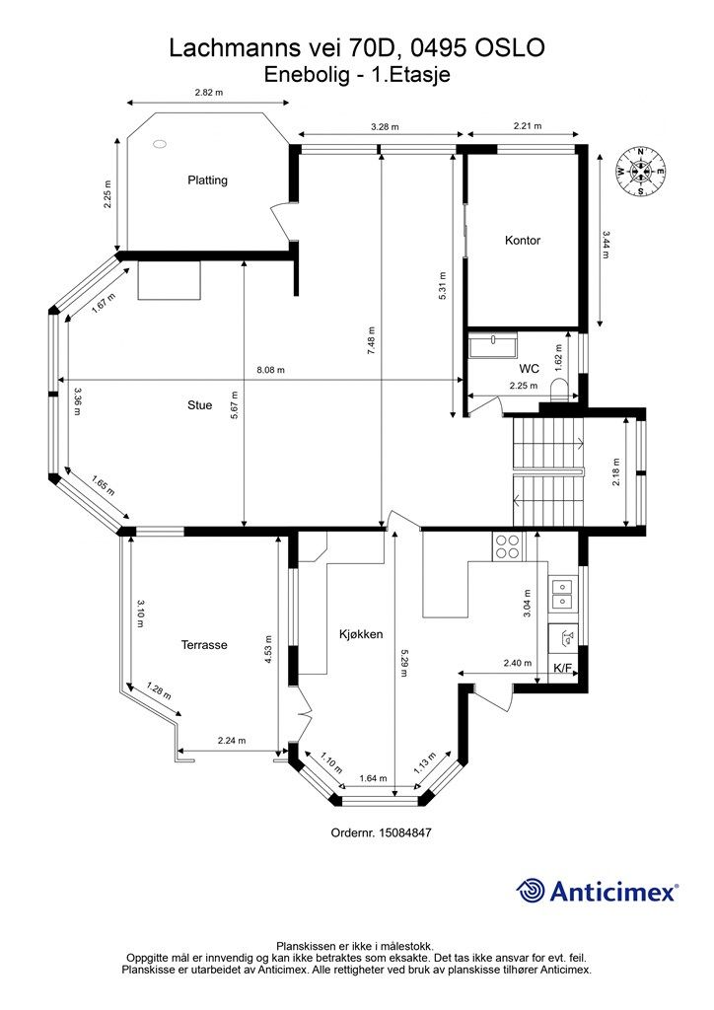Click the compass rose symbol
point(640,171)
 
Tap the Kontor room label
point(522,241)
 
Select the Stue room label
point(199,405)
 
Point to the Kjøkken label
point(361,634)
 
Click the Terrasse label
point(204,645)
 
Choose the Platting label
point(207,180)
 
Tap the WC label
point(530,369)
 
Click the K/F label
point(563,668)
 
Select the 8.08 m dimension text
point(270,370)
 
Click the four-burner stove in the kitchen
point(506,546)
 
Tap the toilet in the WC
point(559,389)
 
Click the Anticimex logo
point(597,891)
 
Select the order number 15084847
point(404,832)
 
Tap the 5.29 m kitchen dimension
point(403,664)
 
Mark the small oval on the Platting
point(159,144)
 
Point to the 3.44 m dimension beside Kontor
point(606,245)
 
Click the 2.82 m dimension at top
point(209,92)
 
